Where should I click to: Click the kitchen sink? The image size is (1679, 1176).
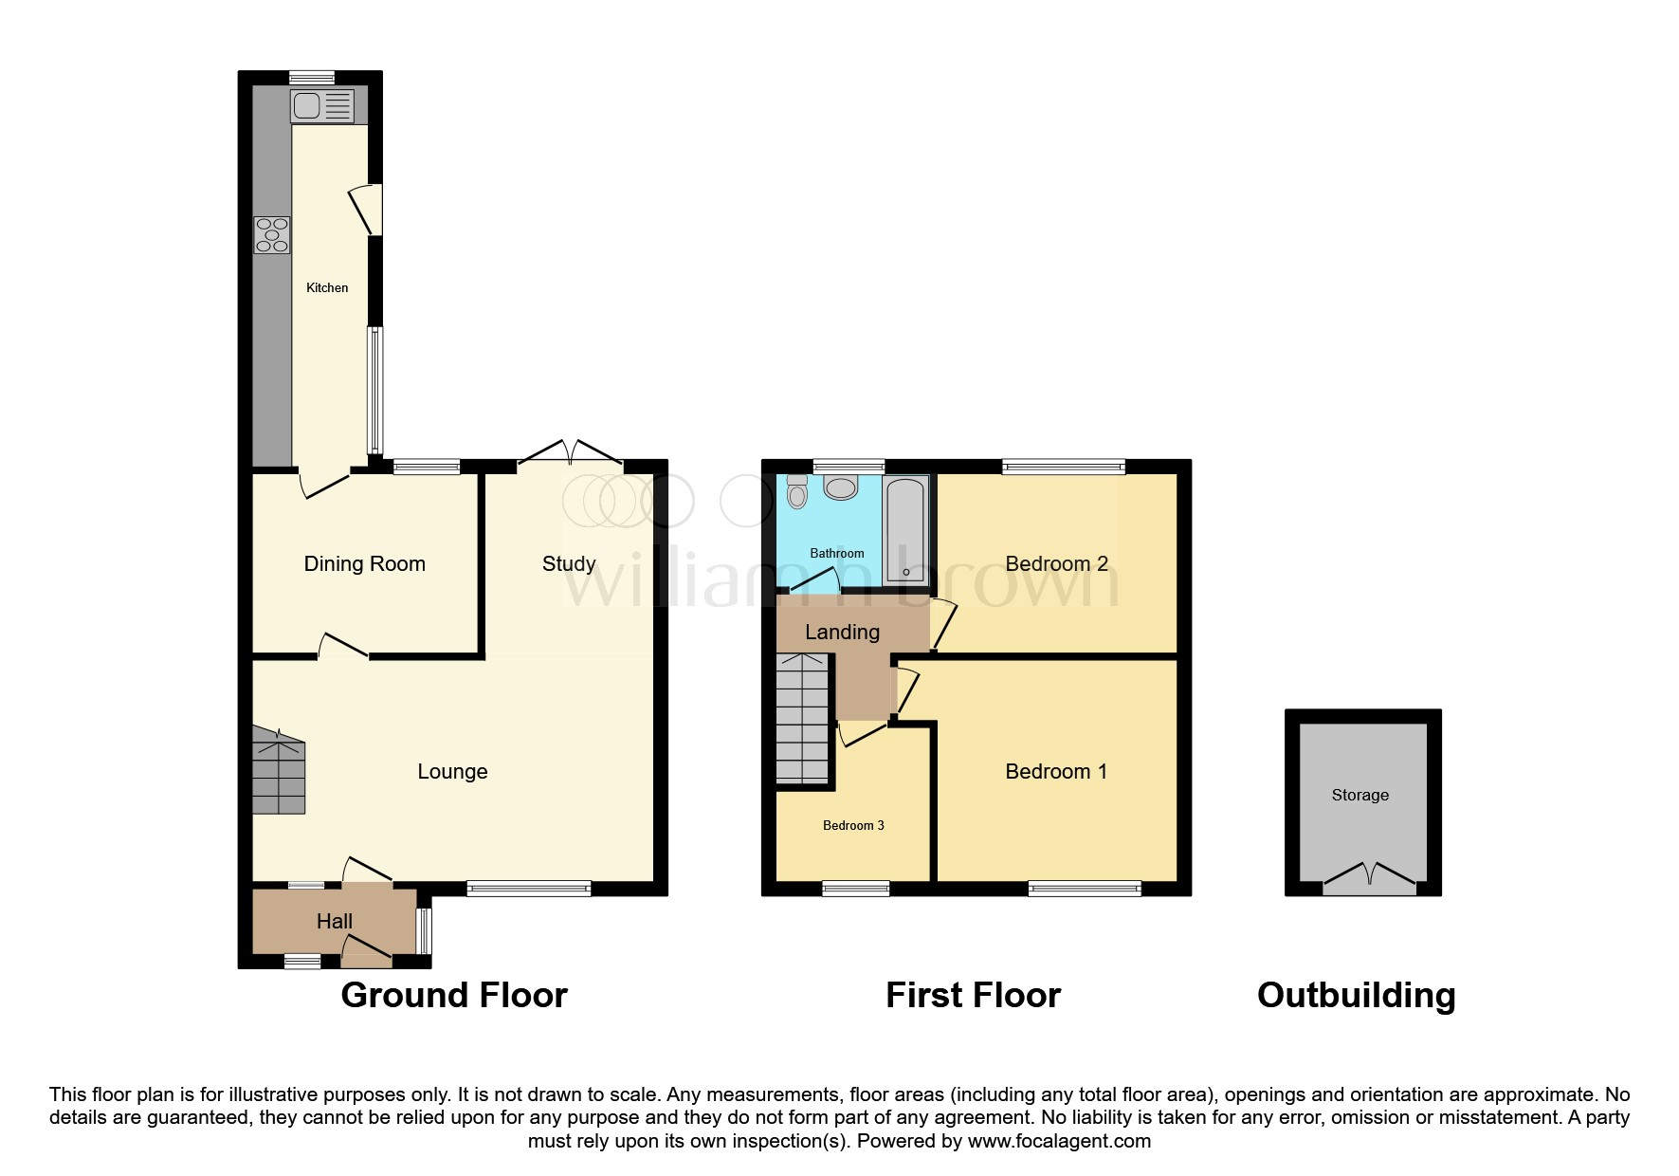(x=321, y=105)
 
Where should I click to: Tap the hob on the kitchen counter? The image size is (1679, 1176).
(x=272, y=235)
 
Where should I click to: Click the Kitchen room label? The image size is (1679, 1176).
(x=327, y=287)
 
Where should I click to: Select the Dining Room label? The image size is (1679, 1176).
(x=364, y=563)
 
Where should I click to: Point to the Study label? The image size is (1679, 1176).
(x=569, y=563)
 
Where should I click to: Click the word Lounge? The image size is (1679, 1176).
(x=452, y=771)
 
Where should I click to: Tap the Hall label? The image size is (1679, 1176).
(x=334, y=921)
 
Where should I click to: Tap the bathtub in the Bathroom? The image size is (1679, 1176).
(x=904, y=530)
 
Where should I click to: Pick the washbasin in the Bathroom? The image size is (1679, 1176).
(x=840, y=487)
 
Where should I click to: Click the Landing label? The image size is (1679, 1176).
(x=842, y=632)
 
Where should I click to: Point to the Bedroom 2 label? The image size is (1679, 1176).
(x=1056, y=563)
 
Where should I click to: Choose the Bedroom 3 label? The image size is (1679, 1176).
(x=853, y=825)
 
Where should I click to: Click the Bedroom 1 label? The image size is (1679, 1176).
(x=1056, y=771)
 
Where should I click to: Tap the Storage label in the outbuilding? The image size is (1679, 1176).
(x=1360, y=795)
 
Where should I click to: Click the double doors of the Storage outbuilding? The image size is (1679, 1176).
(x=1368, y=876)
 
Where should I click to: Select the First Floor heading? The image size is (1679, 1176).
(x=973, y=995)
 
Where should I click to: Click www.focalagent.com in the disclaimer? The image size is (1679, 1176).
(x=1059, y=1141)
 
